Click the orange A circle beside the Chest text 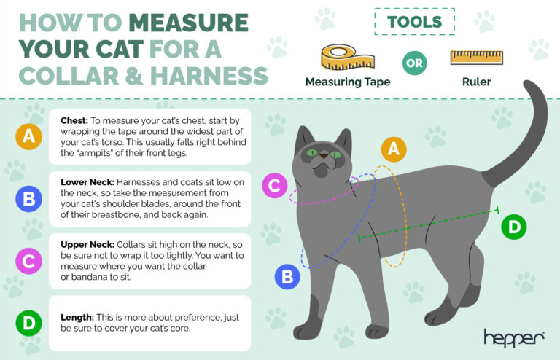[x=28, y=136]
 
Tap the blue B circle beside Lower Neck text [x=28, y=198]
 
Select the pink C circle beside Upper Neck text [x=28, y=260]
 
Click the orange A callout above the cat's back [x=394, y=149]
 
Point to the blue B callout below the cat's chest [x=287, y=276]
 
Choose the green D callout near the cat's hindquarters [x=514, y=227]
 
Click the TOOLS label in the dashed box [x=413, y=21]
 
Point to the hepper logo [x=513, y=337]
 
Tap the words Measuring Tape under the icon [x=347, y=82]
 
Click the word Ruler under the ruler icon [x=475, y=82]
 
